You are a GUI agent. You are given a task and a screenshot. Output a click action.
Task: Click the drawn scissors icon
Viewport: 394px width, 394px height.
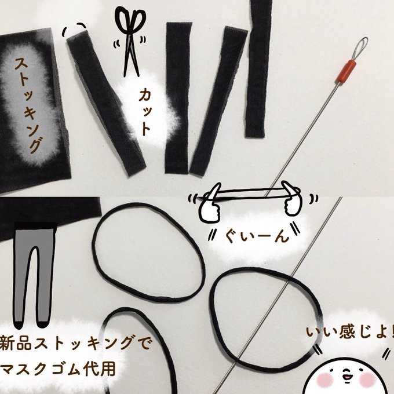pos(131,42)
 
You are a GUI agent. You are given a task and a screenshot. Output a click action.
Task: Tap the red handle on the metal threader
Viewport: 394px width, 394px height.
pos(346,71)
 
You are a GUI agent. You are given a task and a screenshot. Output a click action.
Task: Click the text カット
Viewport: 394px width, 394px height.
pos(145,112)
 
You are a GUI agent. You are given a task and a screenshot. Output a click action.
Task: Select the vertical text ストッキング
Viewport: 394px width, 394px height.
pos(28,105)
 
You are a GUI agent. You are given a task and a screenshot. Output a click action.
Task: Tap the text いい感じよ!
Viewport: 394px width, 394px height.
pos(350,331)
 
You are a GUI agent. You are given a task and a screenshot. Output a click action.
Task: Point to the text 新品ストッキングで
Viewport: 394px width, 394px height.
pos(75,343)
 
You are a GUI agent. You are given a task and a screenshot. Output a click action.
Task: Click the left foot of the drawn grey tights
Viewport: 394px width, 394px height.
pos(19,325)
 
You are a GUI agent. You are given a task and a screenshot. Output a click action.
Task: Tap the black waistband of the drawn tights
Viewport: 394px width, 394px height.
pos(35,225)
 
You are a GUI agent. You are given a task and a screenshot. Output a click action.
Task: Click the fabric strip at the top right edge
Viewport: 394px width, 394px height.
pos(259,68)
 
